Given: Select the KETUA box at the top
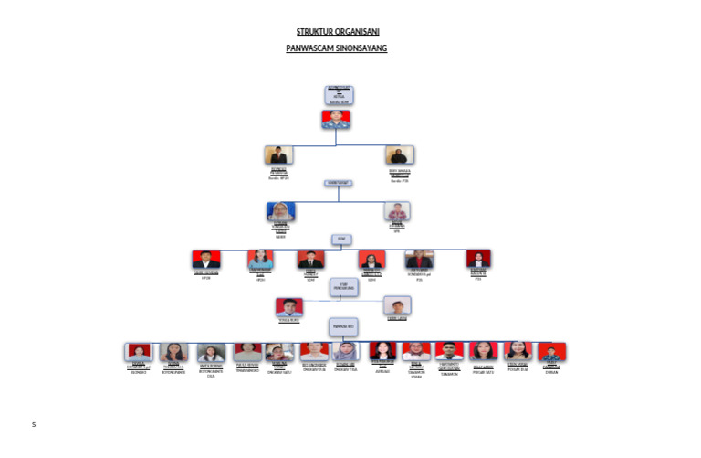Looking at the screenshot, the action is (339, 95).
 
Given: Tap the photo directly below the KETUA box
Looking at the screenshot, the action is (336, 119).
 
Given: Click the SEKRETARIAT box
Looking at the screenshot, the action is (339, 183).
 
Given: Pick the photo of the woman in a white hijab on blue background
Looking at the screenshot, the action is (280, 211).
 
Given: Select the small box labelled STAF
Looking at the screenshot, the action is (341, 240).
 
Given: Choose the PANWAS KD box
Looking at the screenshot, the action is (343, 325).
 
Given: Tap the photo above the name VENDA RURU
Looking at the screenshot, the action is (289, 307).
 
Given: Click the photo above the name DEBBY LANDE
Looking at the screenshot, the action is (397, 305).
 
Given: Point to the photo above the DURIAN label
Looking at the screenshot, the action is (551, 351).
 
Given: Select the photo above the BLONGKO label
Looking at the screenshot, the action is (139, 352).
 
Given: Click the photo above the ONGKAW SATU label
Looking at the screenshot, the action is (279, 352).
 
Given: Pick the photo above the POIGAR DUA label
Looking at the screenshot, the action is (518, 350).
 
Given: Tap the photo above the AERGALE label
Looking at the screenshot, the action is (382, 350).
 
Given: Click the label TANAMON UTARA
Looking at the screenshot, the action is (416, 375).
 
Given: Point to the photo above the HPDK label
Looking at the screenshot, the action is (206, 260).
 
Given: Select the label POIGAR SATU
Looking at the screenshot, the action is (483, 372).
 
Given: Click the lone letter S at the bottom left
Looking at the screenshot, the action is (34, 424).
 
